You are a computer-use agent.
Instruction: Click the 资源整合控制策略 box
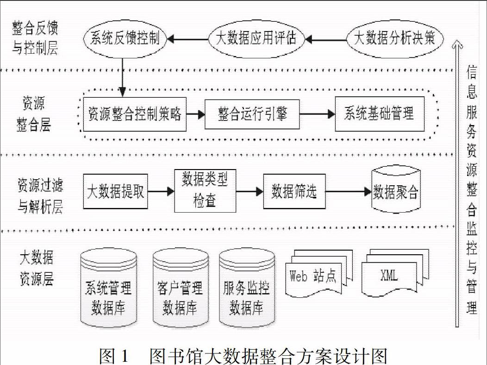pos(135,114)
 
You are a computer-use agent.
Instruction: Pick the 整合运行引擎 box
pos(252,114)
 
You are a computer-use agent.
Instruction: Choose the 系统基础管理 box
pos(380,114)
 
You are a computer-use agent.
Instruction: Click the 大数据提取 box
pos(116,191)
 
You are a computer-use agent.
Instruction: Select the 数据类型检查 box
pos(205,191)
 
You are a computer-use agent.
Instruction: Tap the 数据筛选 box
pos(294,191)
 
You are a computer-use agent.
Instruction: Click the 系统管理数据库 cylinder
pos(108,288)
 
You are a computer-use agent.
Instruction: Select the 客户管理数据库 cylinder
pos(181,288)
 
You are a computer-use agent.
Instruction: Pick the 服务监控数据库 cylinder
pos(247,288)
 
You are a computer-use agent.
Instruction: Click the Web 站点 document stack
pos(318,273)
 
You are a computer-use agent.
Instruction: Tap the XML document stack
pos(395,272)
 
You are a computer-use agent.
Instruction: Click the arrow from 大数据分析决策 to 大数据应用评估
pos(325,40)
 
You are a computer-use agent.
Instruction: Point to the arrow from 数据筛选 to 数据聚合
pos(349,192)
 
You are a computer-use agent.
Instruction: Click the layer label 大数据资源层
pos(37,268)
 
